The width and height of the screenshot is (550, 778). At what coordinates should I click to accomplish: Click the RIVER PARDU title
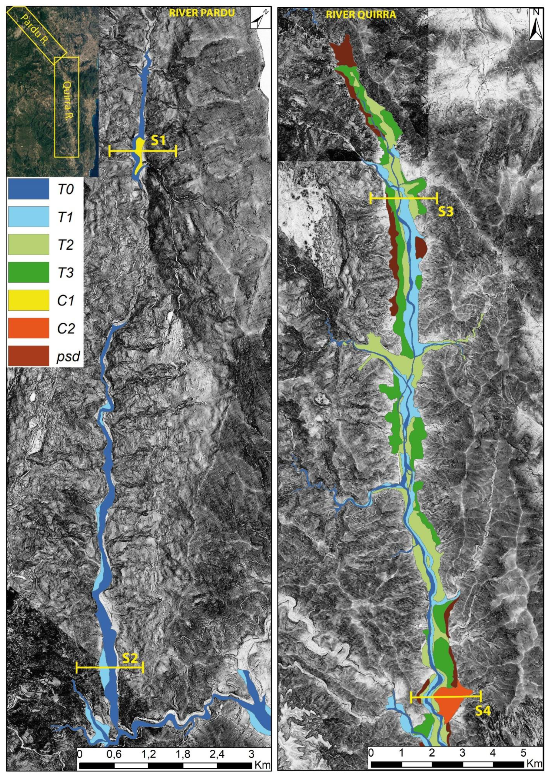click(202, 13)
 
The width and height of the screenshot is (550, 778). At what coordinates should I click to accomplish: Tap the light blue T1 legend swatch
click(28, 217)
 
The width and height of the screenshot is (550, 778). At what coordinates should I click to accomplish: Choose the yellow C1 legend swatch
click(28, 300)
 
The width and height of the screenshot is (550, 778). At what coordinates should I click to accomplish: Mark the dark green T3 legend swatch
click(28, 272)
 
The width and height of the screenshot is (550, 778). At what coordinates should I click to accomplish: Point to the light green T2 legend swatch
click(28, 244)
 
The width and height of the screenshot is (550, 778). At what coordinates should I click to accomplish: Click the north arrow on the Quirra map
click(535, 24)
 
